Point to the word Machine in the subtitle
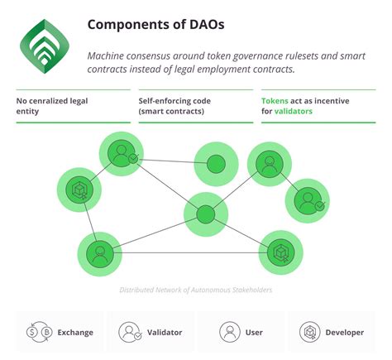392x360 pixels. [x=112, y=55]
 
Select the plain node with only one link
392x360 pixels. [x=216, y=164]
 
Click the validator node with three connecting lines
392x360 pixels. [x=122, y=154]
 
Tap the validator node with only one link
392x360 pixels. [x=308, y=200]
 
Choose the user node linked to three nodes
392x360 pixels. [x=99, y=252]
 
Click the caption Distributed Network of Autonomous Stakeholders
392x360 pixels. [x=195, y=290]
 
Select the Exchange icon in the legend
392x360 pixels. [x=36, y=332]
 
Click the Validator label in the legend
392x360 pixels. [x=165, y=332]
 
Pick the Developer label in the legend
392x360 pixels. [x=344, y=332]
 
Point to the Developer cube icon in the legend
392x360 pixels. [x=308, y=332]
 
